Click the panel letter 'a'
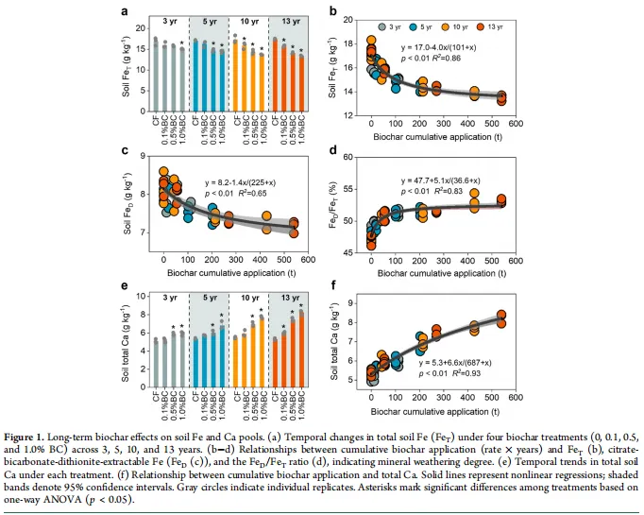124,12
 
